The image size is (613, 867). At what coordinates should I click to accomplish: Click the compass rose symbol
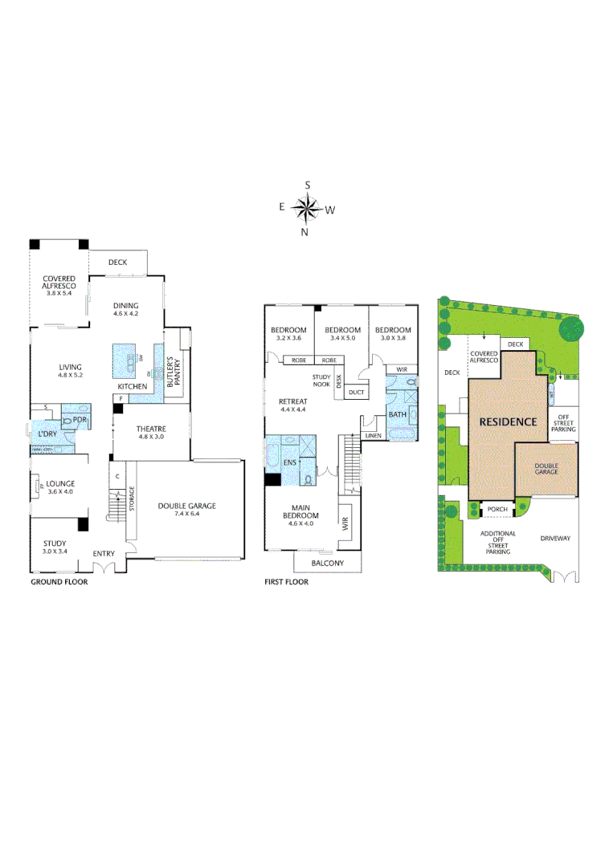[307, 210]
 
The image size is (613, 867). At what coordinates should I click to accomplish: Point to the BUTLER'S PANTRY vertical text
[170, 372]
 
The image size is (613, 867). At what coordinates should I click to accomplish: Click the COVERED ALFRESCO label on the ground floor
[59, 282]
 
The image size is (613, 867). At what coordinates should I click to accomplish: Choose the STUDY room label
[55, 543]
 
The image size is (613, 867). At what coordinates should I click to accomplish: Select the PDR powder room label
[79, 419]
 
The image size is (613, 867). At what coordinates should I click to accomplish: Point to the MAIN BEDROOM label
[302, 511]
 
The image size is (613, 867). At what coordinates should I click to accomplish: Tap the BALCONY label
[328, 564]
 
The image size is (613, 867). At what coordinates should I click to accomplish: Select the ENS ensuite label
[289, 463]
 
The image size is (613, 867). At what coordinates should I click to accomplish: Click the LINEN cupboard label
[372, 435]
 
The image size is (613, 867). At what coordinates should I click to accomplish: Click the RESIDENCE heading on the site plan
[507, 421]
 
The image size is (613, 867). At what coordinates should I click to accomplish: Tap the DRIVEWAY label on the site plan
[554, 538]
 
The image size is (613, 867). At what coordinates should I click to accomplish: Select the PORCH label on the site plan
[497, 509]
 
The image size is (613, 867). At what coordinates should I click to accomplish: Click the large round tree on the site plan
[572, 329]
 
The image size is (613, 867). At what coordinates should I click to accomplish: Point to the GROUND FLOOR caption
[59, 582]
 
